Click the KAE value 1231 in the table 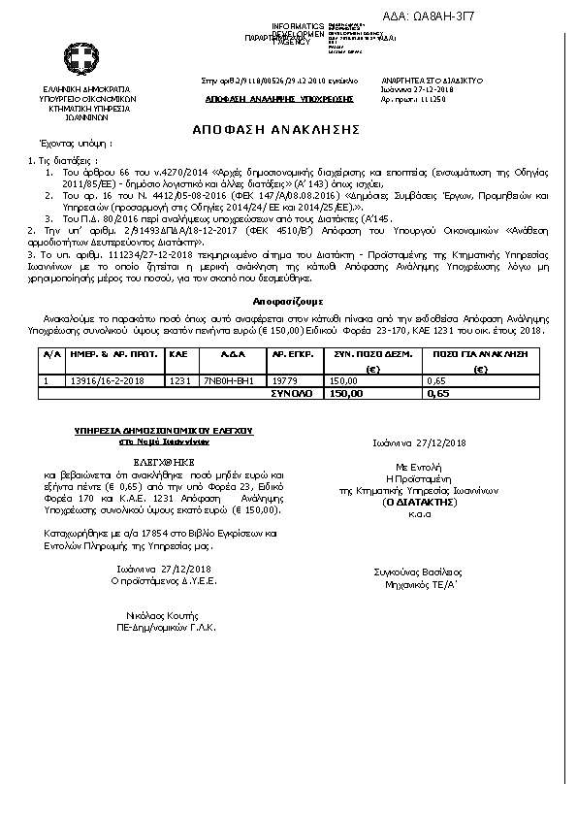177,381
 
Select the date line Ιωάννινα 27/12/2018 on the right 419,443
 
